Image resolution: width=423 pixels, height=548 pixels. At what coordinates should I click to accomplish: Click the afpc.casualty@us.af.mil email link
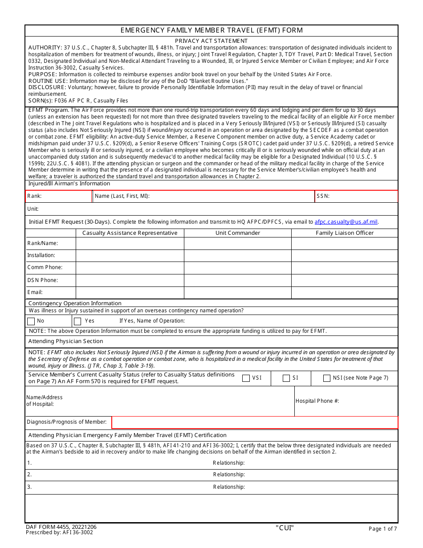point(346,222)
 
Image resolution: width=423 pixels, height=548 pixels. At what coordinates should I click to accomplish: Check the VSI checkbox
point(246,378)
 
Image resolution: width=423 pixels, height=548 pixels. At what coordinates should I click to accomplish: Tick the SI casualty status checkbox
point(286,378)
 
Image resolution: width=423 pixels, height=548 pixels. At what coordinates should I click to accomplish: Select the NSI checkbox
point(327,378)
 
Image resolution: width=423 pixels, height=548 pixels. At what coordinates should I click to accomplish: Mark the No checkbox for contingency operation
point(31,321)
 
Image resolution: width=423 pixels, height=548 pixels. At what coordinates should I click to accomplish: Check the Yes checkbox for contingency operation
point(77,321)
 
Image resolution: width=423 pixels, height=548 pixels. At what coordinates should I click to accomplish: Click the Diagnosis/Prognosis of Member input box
point(254,422)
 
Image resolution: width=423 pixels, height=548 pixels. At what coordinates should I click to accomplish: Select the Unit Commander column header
point(237,233)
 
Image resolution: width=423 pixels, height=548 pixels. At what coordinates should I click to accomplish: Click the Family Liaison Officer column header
point(345,233)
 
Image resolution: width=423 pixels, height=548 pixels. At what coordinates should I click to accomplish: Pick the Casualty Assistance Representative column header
point(130,233)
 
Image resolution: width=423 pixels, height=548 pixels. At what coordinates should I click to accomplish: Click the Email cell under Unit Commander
point(237,293)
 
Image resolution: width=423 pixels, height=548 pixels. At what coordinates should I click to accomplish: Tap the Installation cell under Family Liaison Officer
point(345,256)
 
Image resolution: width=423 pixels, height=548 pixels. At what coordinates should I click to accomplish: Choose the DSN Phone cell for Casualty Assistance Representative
point(130,280)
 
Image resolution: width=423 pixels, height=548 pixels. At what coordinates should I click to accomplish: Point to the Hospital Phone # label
point(317,401)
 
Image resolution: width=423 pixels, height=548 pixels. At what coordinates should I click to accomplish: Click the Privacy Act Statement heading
point(211,41)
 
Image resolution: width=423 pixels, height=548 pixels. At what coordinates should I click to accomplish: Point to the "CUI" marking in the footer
point(285,528)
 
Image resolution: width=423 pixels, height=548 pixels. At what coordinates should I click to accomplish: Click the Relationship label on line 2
point(228,475)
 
